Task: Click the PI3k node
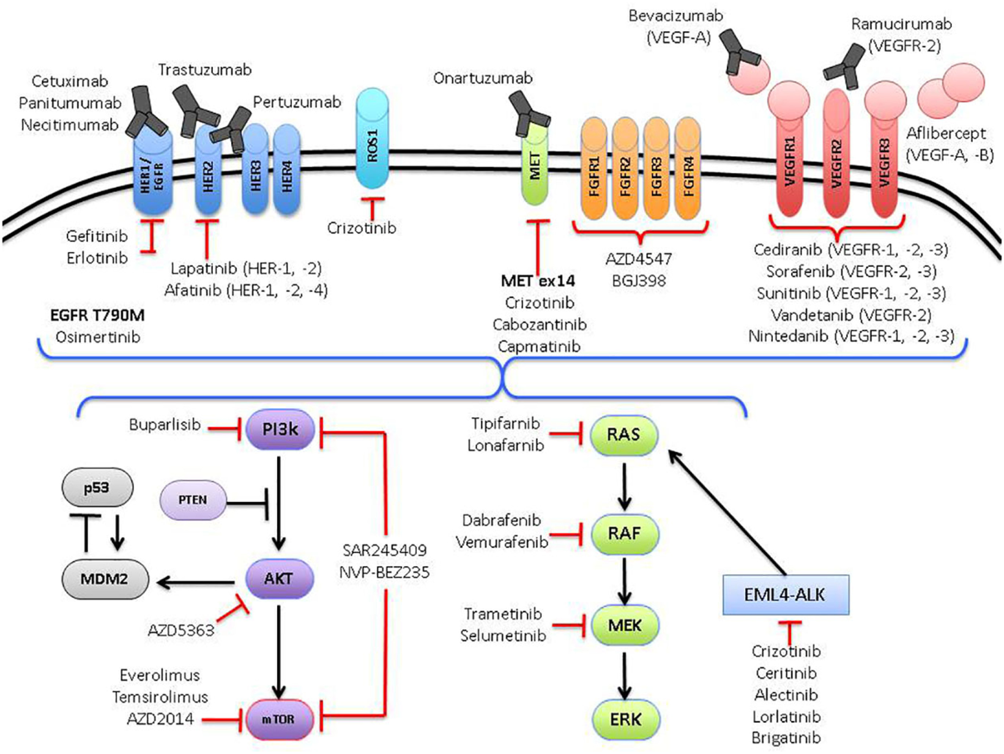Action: click(280, 430)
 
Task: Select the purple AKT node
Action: click(279, 579)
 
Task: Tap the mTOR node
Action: click(279, 719)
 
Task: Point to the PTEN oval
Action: click(193, 500)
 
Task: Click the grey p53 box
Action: click(97, 488)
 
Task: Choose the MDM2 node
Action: click(105, 579)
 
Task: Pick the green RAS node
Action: click(624, 435)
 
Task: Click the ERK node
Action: click(626, 720)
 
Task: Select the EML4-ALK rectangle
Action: click(786, 595)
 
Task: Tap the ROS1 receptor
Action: click(372, 139)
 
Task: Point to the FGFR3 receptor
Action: click(656, 168)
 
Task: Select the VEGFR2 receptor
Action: click(836, 153)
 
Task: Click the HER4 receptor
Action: click(286, 170)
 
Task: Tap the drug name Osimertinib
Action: click(98, 337)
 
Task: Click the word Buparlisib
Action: click(165, 425)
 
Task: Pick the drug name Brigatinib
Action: click(786, 737)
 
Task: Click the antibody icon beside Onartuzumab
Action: click(530, 113)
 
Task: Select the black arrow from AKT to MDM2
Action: click(196, 583)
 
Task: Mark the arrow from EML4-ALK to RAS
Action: click(727, 513)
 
